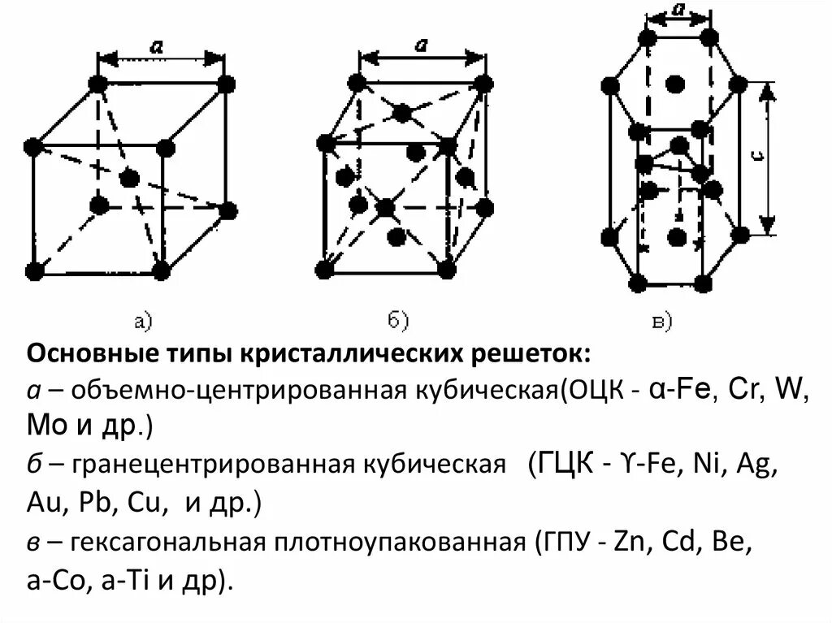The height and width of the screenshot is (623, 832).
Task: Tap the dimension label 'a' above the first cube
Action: (x=154, y=48)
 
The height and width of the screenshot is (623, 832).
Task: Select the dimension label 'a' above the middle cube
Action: (x=421, y=45)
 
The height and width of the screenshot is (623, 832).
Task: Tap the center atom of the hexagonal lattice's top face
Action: (x=673, y=84)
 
